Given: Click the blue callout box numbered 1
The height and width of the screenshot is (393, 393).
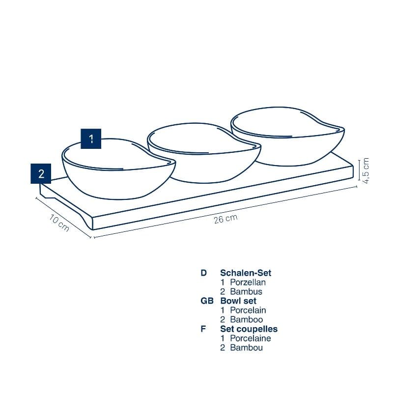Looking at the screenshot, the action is tap(91, 139).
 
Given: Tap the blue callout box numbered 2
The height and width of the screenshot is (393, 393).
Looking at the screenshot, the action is tap(41, 174).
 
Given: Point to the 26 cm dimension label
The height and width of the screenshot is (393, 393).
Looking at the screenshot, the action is tap(225, 219).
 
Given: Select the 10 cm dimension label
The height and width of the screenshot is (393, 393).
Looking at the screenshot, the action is tap(59, 223).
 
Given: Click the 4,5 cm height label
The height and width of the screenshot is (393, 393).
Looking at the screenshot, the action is tap(365, 170).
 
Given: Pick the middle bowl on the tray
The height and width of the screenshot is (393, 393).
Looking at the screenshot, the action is tap(204, 153).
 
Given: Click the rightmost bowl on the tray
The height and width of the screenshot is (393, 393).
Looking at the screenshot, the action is tap(288, 136).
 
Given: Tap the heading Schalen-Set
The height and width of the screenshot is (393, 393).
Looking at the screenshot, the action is tap(246, 273).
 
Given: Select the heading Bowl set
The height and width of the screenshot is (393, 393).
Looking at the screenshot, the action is tap(238, 301).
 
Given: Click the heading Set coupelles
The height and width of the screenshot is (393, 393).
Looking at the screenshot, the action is tap(249, 329).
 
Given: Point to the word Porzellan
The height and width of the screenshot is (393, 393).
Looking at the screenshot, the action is tap(248, 282).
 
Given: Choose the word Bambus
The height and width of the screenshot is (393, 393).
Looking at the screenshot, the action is tap(246, 292).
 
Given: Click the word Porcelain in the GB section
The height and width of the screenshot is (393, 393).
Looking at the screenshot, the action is tap(248, 310).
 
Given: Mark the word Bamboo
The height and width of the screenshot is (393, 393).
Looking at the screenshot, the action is tap(247, 320).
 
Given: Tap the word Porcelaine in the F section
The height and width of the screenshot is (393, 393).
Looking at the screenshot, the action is tap(251, 338).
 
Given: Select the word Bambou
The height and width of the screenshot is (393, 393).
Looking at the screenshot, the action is tap(247, 348).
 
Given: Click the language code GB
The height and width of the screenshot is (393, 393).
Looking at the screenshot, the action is tap(207, 301).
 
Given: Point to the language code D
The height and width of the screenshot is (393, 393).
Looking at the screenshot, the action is tap(203, 273).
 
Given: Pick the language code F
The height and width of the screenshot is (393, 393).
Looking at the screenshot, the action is tap(203, 329).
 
